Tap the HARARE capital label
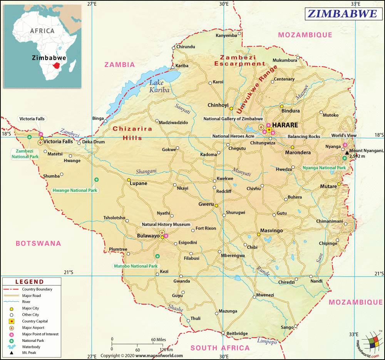click(x=285, y=125)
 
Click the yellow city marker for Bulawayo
click(x=162, y=237)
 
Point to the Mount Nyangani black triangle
click(x=347, y=152)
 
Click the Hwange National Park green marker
click(x=96, y=179)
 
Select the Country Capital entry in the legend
click(x=35, y=321)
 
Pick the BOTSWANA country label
click(x=38, y=243)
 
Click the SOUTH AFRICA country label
click(x=220, y=348)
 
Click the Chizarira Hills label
click(x=132, y=133)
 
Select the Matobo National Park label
click(x=136, y=266)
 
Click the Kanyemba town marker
click(x=239, y=33)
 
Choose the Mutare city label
click(x=328, y=186)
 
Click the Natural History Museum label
click(x=166, y=224)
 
